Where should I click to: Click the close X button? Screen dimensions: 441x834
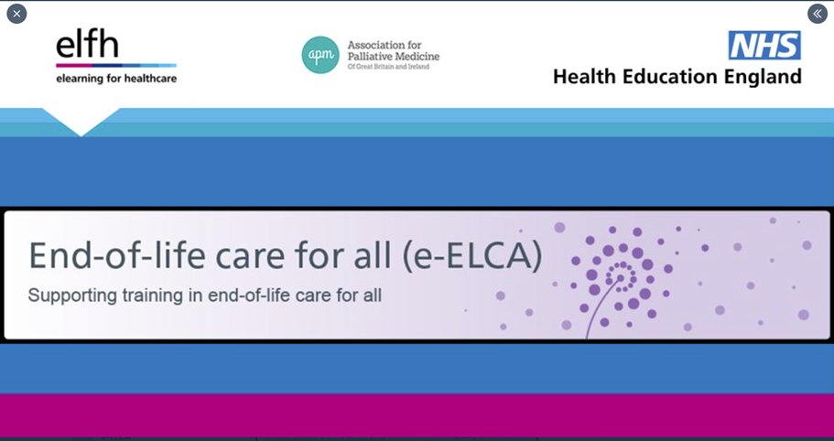(x=16, y=14)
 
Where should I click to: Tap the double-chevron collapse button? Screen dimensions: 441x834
(x=817, y=14)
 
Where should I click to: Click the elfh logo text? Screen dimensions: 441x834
(x=87, y=45)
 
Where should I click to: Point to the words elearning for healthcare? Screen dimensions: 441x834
(x=116, y=79)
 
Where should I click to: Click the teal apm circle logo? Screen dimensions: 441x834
(x=320, y=54)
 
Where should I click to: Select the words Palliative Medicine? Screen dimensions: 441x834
(x=394, y=57)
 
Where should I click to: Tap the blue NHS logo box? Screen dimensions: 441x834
(x=764, y=45)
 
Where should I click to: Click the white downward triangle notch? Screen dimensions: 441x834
(x=81, y=123)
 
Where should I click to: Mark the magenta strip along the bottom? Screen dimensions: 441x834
(x=417, y=416)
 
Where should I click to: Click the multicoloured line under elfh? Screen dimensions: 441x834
(x=115, y=66)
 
